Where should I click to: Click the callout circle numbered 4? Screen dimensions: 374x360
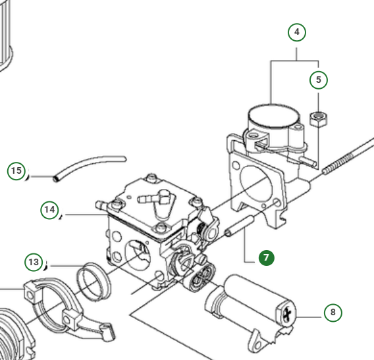[297, 32]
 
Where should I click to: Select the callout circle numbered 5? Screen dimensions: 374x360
[319, 80]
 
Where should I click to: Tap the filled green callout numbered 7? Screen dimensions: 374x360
[267, 258]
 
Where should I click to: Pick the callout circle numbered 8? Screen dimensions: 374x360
[333, 313]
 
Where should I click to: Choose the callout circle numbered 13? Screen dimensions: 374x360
[34, 262]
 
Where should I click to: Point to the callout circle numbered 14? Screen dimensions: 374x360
[49, 210]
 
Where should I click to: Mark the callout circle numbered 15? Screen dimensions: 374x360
[16, 170]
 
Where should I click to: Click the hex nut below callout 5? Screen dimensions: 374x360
[318, 118]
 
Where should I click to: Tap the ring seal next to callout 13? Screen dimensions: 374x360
[94, 281]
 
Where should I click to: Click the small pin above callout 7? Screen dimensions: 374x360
[239, 226]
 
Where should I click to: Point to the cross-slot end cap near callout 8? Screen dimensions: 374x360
[286, 313]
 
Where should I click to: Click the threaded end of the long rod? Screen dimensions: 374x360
[338, 163]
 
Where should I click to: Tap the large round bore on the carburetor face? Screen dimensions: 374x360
[138, 255]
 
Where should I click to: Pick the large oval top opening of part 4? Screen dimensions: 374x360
[273, 116]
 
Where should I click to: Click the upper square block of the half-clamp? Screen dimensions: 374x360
[31, 290]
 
